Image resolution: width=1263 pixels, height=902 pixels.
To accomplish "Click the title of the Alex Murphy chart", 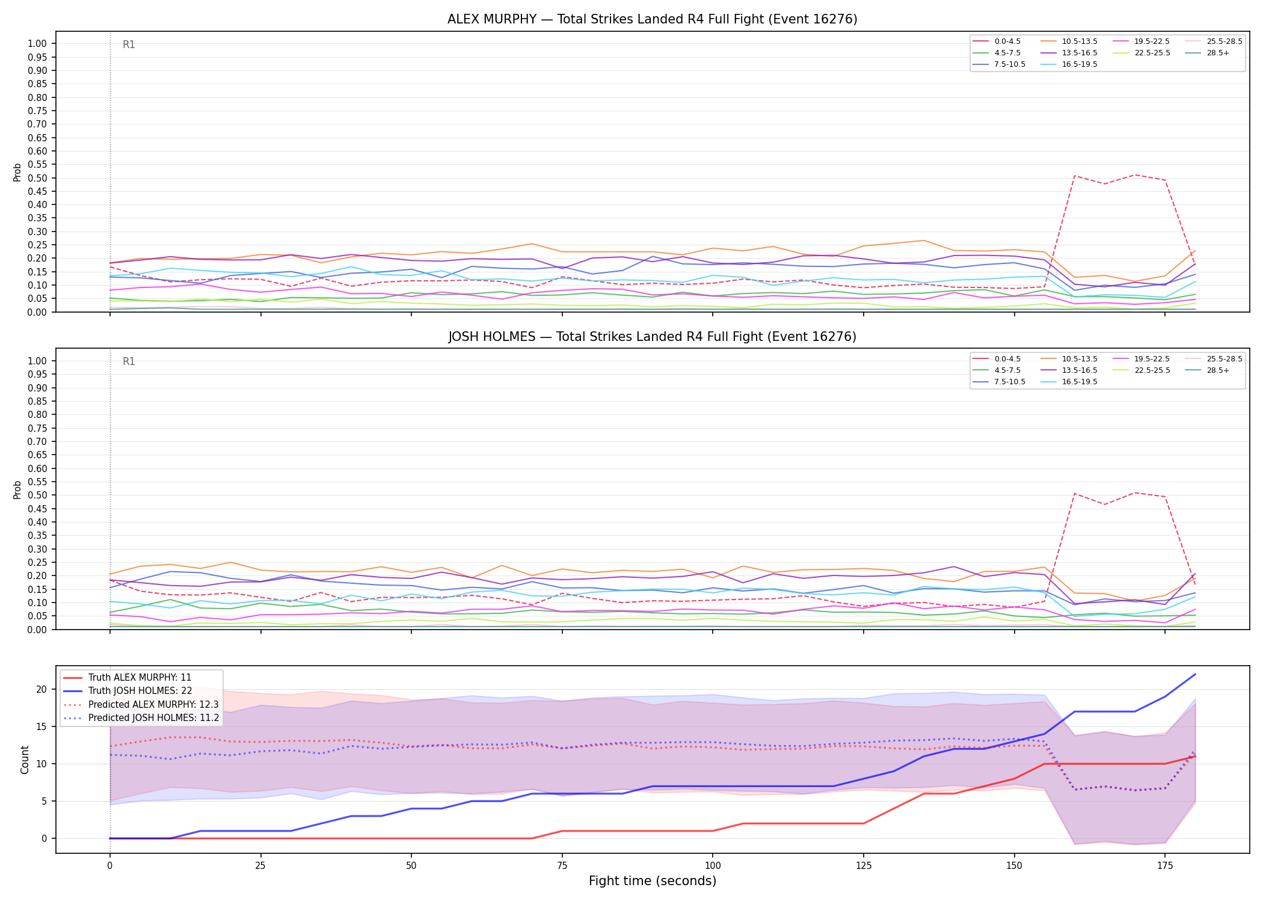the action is click(652, 19).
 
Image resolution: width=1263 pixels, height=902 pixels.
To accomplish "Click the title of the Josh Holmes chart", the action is click(652, 337).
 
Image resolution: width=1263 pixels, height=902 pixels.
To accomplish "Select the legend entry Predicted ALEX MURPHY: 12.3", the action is click(141, 704).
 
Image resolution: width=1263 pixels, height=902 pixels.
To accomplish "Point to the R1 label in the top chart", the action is click(129, 44).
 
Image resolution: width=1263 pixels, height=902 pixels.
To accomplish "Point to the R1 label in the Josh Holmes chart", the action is click(129, 361).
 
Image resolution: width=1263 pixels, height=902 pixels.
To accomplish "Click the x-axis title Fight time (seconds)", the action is click(653, 881).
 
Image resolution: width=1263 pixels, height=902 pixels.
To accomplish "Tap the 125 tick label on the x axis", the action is click(863, 866).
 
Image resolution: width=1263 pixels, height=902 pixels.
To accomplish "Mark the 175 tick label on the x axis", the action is click(1165, 866).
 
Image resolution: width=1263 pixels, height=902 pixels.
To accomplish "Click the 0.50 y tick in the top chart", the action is click(37, 178).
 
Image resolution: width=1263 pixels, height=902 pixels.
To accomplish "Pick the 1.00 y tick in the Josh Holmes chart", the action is click(37, 361).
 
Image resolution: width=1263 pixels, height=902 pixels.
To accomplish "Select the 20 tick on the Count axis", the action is click(41, 689).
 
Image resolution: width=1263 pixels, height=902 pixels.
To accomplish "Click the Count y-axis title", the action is click(25, 759).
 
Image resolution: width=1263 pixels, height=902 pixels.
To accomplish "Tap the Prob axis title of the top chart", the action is click(17, 172).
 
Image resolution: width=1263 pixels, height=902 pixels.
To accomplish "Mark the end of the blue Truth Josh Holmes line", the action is click(1195, 674).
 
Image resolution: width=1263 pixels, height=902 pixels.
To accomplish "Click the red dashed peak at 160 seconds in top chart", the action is click(1074, 176).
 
